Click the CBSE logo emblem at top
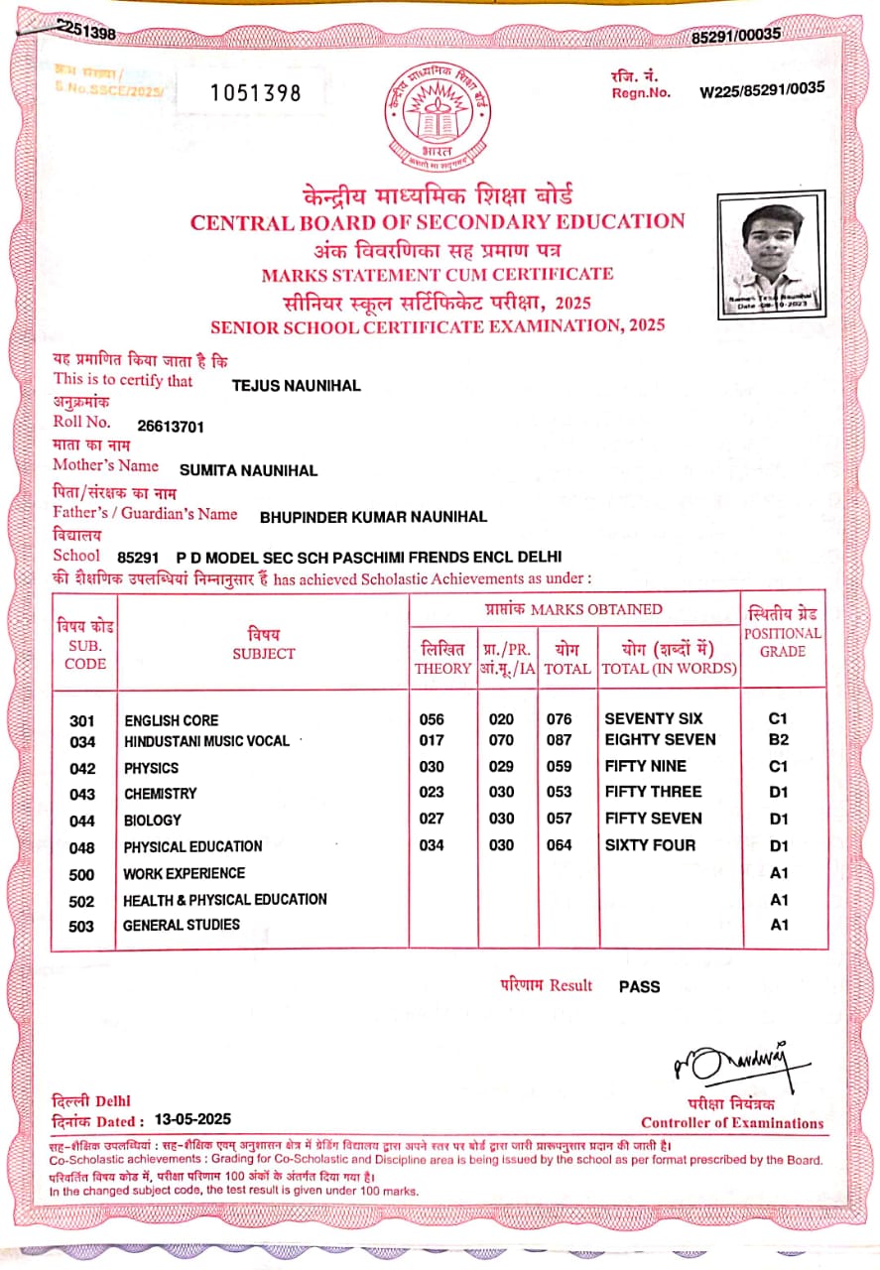[440, 118]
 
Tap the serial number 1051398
[256, 93]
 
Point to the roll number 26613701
[171, 427]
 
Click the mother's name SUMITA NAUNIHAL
[248, 470]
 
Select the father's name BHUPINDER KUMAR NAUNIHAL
[373, 517]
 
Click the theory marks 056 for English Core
[432, 719]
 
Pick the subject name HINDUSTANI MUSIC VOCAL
[206, 741]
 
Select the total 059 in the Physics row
[560, 766]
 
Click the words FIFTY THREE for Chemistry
[653, 792]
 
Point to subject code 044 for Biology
[83, 822]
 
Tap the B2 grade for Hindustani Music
[779, 740]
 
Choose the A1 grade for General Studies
[779, 925]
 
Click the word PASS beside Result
[639, 986]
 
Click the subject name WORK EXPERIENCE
[184, 873]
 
